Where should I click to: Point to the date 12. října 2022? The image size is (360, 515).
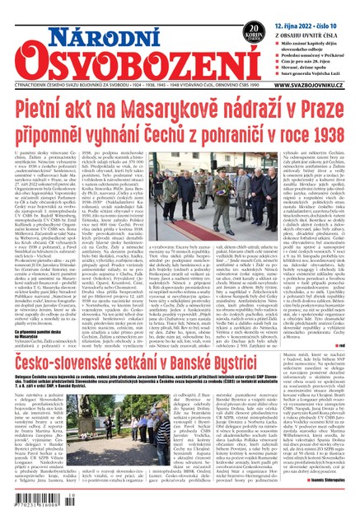(295, 7)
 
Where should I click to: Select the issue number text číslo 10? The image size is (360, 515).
(340, 7)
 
